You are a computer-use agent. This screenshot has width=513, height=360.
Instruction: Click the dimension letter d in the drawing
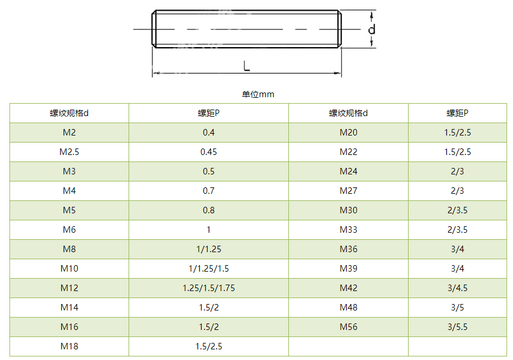(371, 29)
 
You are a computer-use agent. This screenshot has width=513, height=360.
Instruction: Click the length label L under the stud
(246, 66)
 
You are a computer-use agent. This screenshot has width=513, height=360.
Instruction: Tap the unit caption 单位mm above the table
(258, 94)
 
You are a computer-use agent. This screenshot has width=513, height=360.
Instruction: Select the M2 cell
(70, 133)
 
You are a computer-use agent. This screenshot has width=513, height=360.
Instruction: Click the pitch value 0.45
(209, 151)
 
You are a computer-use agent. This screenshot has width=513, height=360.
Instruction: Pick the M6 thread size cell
(70, 230)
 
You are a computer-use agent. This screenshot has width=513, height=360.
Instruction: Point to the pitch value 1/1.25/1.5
(209, 269)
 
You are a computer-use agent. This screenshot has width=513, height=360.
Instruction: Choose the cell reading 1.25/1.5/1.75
(209, 288)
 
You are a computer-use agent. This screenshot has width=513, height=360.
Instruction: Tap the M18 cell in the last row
(70, 346)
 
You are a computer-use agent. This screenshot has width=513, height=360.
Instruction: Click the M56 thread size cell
(348, 326)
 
